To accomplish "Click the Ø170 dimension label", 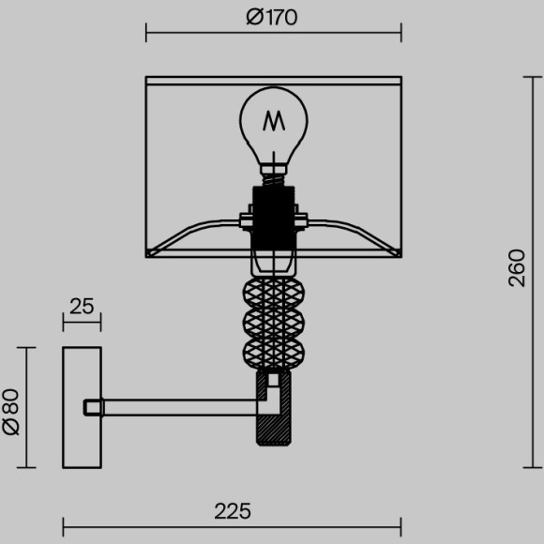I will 272,17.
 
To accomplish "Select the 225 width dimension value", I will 232,511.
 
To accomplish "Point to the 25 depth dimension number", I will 82,306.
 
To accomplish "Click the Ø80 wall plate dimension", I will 11,409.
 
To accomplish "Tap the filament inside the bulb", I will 273,121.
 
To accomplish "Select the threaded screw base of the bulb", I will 273,173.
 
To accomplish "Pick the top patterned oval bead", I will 273,294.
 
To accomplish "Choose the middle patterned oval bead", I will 273,325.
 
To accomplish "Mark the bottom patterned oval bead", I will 273,354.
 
